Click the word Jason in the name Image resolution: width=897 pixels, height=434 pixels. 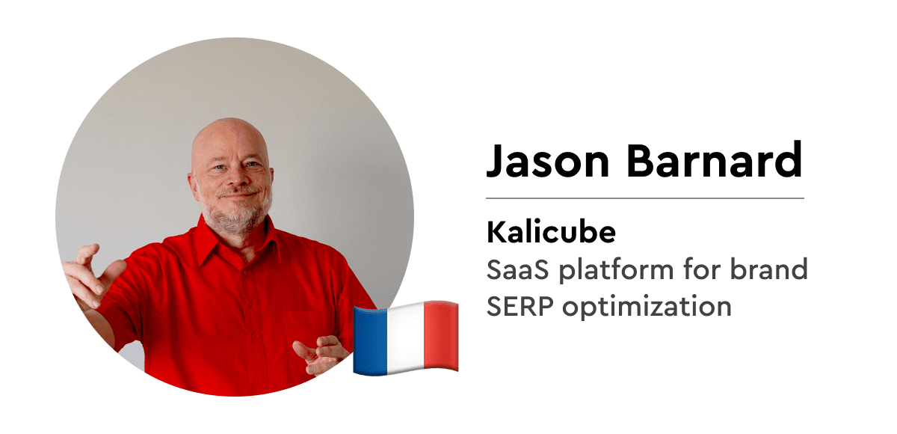point(548,159)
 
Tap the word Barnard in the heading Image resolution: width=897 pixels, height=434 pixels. point(715,159)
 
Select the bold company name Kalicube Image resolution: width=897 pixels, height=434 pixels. point(551,232)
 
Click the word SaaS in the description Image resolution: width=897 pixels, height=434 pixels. point(518,269)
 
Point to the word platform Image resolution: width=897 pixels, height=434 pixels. point(616,270)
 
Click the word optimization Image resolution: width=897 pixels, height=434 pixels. point(647,308)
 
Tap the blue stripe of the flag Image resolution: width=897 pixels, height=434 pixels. point(370,341)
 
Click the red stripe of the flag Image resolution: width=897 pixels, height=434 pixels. point(441,336)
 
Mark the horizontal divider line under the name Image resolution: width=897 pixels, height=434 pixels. point(644,198)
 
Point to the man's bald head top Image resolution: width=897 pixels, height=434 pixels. point(230,130)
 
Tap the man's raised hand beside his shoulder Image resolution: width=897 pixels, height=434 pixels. point(92,275)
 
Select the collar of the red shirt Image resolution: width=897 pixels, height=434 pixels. point(237,240)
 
